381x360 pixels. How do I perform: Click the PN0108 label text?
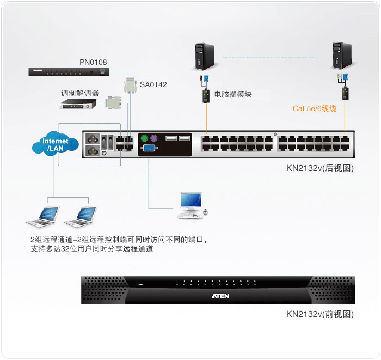click(x=93, y=62)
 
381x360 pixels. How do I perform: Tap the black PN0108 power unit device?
click(x=69, y=72)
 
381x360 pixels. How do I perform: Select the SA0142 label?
click(x=153, y=84)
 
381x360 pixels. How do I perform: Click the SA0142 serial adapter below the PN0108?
click(x=130, y=86)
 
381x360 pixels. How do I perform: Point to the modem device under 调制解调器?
click(x=78, y=104)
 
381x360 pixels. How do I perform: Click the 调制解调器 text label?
click(x=79, y=93)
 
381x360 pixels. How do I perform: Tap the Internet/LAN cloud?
click(x=56, y=144)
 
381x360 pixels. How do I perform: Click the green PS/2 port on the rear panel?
click(x=144, y=138)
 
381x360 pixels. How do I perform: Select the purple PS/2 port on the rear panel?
click(x=153, y=138)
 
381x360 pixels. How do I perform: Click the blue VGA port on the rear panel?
click(x=149, y=148)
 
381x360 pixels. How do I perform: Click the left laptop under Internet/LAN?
click(x=43, y=217)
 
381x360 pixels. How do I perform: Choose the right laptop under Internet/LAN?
click(x=81, y=217)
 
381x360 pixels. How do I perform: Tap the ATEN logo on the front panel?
click(x=220, y=296)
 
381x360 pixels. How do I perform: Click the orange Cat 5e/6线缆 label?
click(x=315, y=108)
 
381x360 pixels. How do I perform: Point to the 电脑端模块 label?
click(x=233, y=94)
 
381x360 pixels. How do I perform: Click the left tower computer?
click(x=205, y=57)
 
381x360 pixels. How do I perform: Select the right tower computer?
click(x=342, y=56)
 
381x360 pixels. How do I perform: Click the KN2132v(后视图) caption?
click(x=320, y=168)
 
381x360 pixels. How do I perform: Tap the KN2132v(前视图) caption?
click(x=320, y=314)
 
